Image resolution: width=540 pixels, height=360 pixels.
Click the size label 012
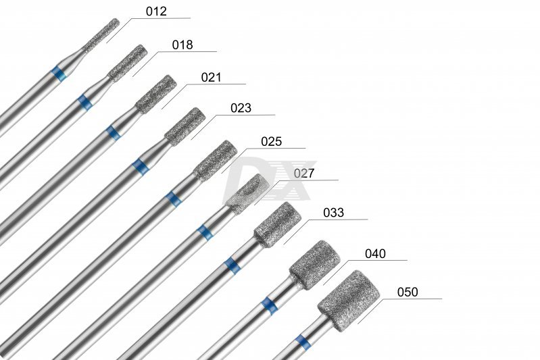[x=156, y=11]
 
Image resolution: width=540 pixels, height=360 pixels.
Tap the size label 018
[x=182, y=45]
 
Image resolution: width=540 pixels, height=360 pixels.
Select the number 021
[x=211, y=77]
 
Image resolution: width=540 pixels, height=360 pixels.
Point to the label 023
[x=241, y=108]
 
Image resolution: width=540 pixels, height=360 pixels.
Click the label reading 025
[x=272, y=141]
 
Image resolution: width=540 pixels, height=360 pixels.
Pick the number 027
[x=304, y=174]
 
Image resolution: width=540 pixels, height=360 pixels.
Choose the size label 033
[x=333, y=213]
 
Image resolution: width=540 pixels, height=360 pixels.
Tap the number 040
[x=375, y=254]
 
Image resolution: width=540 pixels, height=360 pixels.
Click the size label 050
[x=408, y=292]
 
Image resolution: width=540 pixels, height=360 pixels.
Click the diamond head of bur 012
[x=102, y=34]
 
